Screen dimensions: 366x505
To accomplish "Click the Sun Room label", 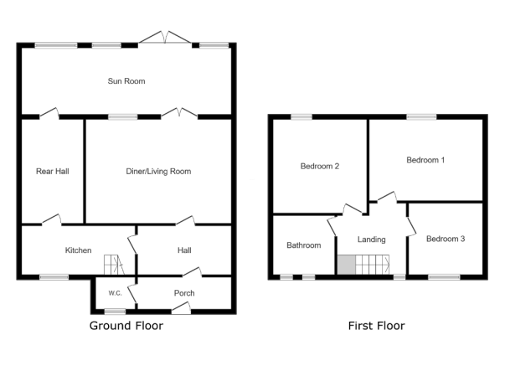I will [126, 81].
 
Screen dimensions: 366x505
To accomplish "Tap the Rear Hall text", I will [52, 171].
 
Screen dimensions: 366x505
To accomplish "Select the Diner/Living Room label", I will [158, 171].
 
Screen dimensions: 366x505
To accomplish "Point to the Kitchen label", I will [78, 250].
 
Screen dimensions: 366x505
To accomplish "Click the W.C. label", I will [115, 293].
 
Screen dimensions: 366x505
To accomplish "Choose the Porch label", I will [184, 293].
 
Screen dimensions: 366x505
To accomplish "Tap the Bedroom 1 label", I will [425, 159].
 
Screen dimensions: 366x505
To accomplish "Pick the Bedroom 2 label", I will [319, 166].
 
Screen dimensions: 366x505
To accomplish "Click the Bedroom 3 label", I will [445, 239].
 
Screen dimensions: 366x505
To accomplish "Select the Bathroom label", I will [303, 245].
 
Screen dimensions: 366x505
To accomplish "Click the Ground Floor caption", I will [126, 326].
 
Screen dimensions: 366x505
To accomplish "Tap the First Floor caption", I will [376, 326].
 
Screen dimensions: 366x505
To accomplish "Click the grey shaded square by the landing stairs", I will [346, 265].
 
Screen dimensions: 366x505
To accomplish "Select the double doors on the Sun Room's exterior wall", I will [165, 38].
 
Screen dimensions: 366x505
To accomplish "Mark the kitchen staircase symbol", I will [112, 265].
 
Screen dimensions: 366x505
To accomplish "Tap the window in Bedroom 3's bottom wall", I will [444, 276].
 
